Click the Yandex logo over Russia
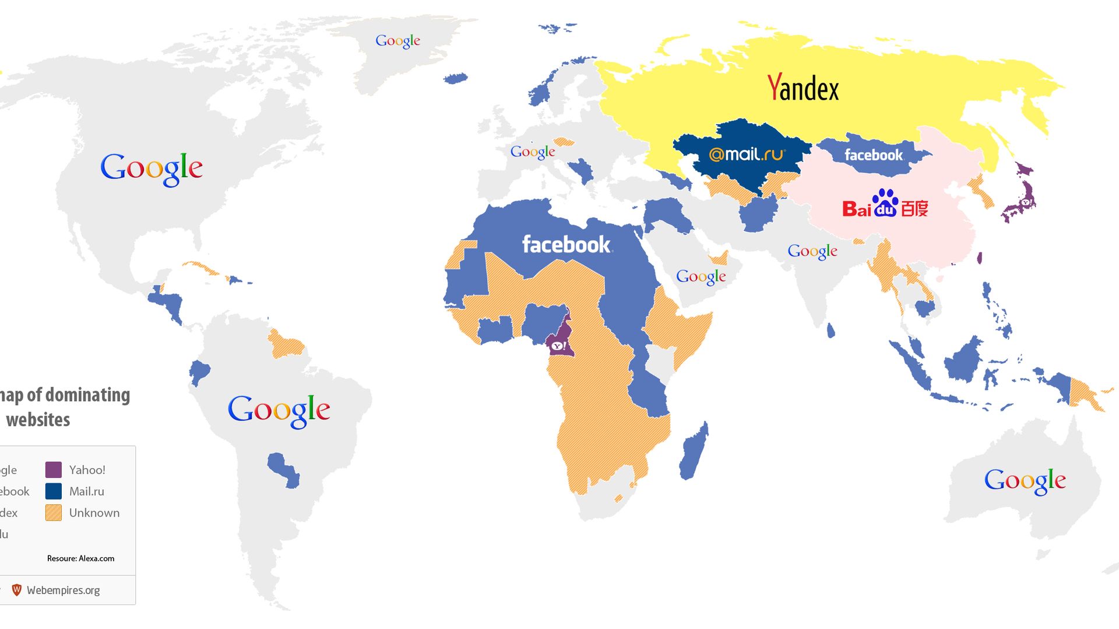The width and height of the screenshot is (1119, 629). (803, 89)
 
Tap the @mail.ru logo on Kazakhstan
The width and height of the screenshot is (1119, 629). (747, 154)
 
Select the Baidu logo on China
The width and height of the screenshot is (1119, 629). (885, 205)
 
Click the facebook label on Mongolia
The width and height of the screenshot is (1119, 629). (873, 155)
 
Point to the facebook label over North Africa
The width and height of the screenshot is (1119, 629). (566, 244)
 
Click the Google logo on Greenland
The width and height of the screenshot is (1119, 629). (397, 41)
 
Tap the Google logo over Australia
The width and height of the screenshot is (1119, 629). (1025, 481)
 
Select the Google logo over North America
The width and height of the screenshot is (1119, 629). (152, 169)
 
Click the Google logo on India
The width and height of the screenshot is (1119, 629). (812, 251)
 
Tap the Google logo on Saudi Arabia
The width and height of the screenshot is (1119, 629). (701, 277)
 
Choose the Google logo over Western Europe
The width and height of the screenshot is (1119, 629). (533, 152)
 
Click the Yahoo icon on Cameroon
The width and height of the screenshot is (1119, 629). (558, 346)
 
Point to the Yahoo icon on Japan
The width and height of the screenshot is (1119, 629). (1026, 202)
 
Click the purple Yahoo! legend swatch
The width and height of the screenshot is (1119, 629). (54, 470)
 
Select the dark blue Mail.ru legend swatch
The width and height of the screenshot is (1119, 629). (54, 491)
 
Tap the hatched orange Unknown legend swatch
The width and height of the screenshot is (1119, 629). (54, 513)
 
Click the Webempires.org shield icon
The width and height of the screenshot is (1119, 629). (17, 590)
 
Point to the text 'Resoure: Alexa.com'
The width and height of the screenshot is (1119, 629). (80, 558)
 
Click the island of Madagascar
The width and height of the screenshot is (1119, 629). (695, 452)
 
